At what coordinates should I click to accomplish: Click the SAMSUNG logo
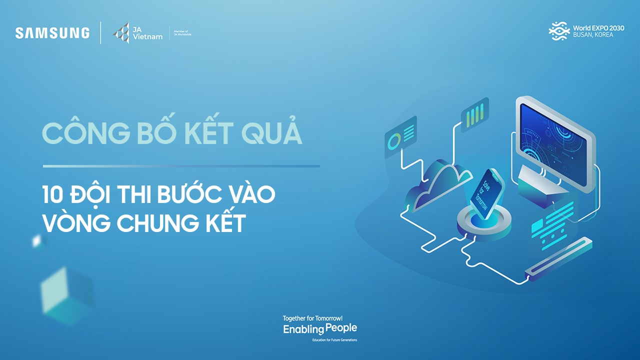click(x=52, y=33)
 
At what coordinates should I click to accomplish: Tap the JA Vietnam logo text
click(x=147, y=33)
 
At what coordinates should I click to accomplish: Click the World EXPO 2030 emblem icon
click(x=559, y=31)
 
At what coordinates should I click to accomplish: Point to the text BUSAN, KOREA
click(x=593, y=35)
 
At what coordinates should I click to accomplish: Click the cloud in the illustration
click(x=437, y=183)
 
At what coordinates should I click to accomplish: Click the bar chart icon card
click(x=475, y=115)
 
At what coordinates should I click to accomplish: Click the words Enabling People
click(x=320, y=329)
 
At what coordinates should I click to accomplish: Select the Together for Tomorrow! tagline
click(x=312, y=318)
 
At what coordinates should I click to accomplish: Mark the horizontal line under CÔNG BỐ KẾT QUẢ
click(x=181, y=166)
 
